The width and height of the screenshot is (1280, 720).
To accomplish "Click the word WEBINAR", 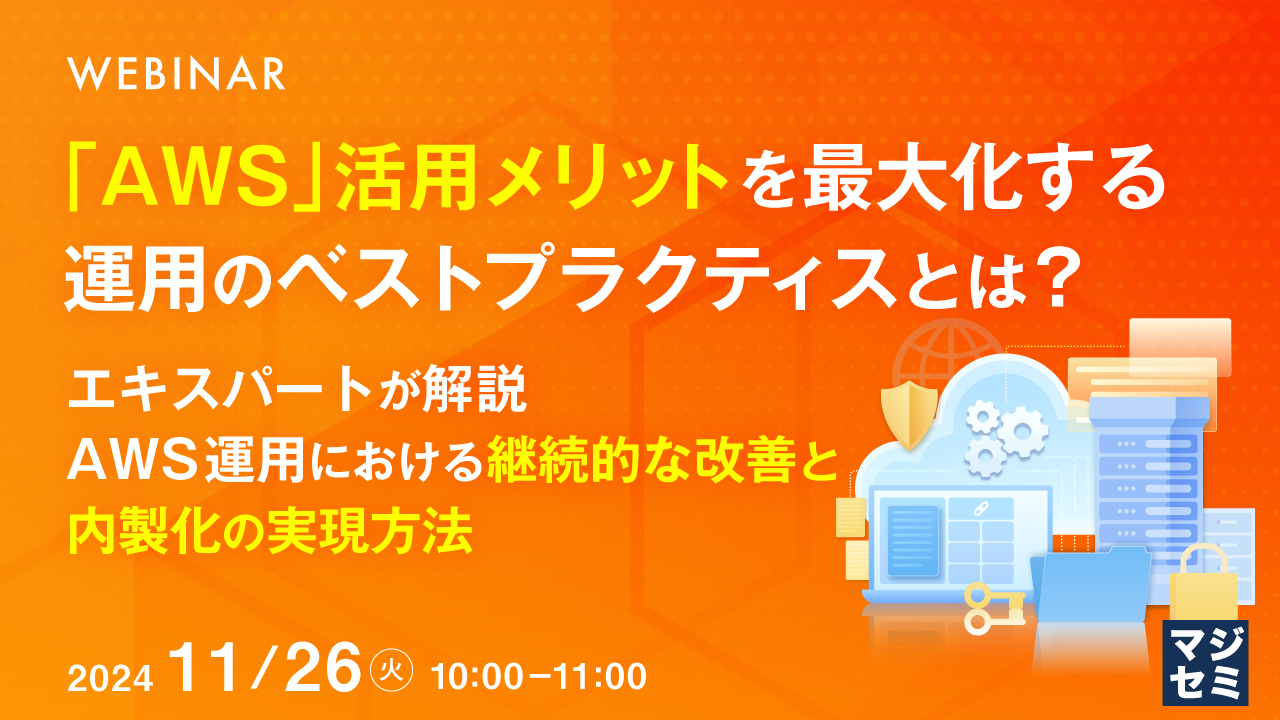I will [x=175, y=75].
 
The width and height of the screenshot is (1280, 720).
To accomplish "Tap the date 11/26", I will [x=265, y=668].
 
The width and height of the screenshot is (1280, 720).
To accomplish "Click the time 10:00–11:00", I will [x=537, y=677].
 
